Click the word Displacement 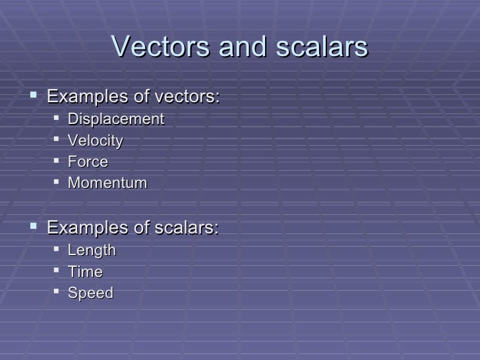coord(116,119)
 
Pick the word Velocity coord(96,140)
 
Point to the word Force coord(88,162)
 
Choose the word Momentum coord(107,183)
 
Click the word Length coord(92,251)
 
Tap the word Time coord(85,272)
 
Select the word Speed coord(90,293)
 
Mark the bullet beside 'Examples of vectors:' coord(35,96)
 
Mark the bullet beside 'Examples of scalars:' coord(35,227)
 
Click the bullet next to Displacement coord(58,119)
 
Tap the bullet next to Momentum coord(58,182)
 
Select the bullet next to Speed coord(58,292)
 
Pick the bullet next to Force coord(58,161)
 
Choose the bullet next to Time coord(58,271)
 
